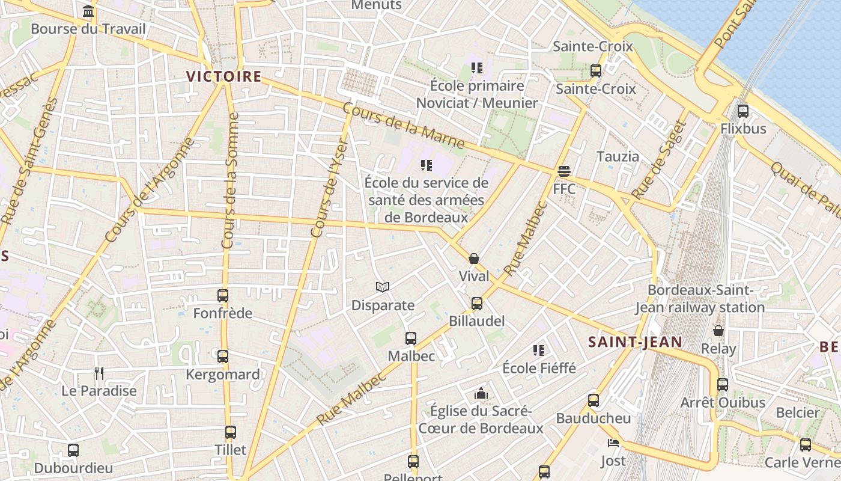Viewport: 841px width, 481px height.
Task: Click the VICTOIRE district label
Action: tap(223, 77)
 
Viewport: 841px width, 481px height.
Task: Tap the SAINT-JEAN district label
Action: tap(635, 342)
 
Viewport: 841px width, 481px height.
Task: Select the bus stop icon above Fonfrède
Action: tap(223, 296)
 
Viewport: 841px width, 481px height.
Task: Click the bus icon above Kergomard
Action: tap(223, 357)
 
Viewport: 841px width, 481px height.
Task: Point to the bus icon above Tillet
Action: tap(231, 432)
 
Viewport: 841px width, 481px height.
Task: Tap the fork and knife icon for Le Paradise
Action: tap(99, 373)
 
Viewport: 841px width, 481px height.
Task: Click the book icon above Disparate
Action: tap(383, 287)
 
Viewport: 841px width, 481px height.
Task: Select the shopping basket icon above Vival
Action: tap(474, 259)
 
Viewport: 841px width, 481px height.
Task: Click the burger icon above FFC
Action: tap(563, 171)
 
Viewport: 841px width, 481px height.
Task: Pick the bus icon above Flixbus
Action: tap(743, 111)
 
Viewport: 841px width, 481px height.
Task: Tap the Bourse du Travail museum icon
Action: tap(88, 11)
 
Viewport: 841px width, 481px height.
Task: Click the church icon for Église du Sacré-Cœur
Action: tap(481, 394)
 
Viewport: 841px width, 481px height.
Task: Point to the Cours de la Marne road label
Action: tap(403, 125)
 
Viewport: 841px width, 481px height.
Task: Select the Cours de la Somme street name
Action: tap(229, 180)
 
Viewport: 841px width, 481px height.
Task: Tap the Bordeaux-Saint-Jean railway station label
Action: tap(700, 299)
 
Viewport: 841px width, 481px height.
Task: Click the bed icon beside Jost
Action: tap(613, 444)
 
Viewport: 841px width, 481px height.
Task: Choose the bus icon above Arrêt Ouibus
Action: tap(723, 385)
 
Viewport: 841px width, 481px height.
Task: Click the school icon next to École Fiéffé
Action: tap(539, 350)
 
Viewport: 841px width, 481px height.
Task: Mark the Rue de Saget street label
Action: tap(659, 159)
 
